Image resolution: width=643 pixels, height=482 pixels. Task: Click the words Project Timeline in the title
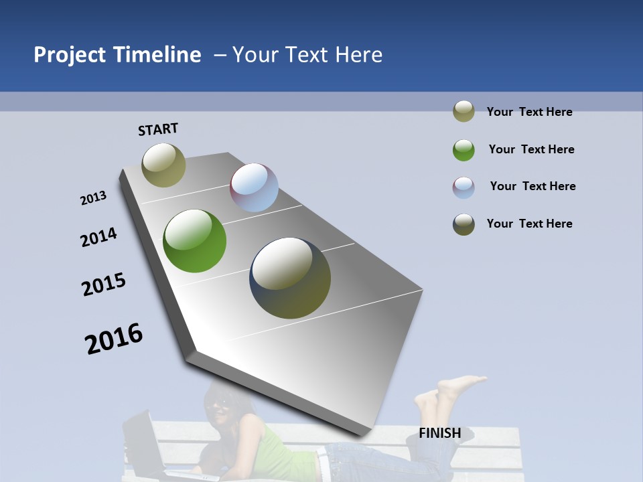click(x=117, y=55)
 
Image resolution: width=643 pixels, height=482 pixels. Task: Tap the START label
click(x=158, y=129)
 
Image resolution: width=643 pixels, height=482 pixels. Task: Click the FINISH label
click(x=440, y=433)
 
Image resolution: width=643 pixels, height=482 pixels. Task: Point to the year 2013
click(x=93, y=198)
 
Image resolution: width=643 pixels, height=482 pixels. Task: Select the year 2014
click(x=98, y=237)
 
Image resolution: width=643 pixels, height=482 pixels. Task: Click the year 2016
click(x=114, y=338)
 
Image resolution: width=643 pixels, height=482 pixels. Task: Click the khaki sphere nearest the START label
click(x=163, y=165)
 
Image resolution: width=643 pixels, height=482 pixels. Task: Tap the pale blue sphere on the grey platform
click(x=254, y=187)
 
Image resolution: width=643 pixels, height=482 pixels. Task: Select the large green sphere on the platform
click(x=195, y=241)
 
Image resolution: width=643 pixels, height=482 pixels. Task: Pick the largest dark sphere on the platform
click(x=290, y=278)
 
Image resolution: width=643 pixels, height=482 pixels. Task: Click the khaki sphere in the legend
click(x=463, y=112)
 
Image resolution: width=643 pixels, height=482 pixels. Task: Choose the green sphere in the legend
click(x=463, y=149)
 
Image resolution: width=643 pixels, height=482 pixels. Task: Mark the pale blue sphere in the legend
click(x=463, y=187)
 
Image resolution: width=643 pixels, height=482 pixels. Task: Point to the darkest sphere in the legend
click(x=463, y=224)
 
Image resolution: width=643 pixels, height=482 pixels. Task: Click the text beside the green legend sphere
click(x=531, y=149)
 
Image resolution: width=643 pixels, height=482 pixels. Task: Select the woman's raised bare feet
click(x=449, y=391)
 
